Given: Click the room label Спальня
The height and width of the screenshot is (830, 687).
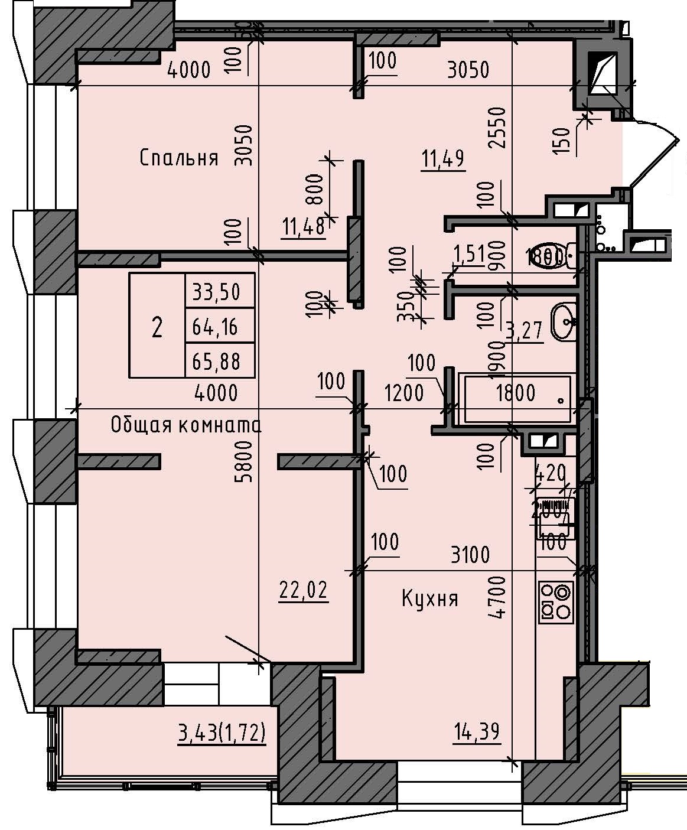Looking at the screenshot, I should point(179,158).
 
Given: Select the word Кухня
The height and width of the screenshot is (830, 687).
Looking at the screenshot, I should point(430,599).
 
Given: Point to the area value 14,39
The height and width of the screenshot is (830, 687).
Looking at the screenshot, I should point(477,732).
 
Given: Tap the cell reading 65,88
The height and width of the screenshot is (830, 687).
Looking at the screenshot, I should point(219,360).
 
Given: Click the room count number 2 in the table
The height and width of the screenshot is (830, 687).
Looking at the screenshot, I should point(157,326).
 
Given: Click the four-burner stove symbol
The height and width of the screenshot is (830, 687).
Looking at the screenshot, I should point(556,602).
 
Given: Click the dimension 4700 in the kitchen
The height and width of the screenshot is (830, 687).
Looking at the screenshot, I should point(499,597).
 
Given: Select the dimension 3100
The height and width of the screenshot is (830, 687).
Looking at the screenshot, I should point(470,555).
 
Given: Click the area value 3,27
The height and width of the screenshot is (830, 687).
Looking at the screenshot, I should point(523,330).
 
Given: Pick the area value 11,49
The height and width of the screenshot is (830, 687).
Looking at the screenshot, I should point(443,159).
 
